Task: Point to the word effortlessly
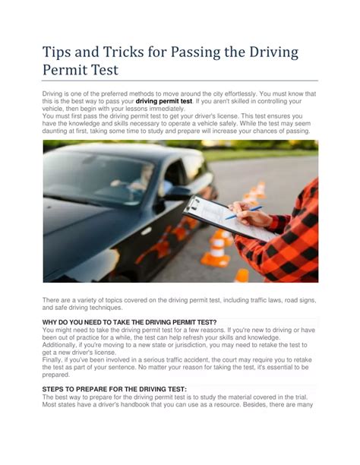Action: tap(238, 93)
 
